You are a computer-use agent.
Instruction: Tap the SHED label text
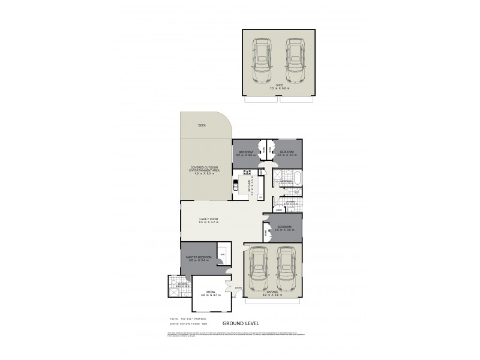pos(279,86)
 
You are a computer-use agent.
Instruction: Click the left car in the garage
pos(258,269)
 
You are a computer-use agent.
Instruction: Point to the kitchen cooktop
pos(247,174)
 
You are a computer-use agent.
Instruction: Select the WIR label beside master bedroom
pos(221,255)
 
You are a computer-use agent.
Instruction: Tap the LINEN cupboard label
pos(279,210)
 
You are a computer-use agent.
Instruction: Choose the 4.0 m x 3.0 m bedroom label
pos(285,228)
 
